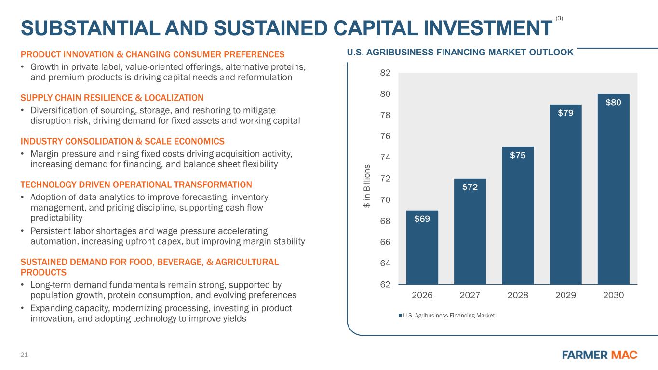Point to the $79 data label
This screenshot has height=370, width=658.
[x=565, y=113]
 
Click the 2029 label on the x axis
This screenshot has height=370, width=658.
[x=565, y=295]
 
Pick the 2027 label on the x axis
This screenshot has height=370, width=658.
[x=470, y=295]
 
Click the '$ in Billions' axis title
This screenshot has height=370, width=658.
[x=367, y=186]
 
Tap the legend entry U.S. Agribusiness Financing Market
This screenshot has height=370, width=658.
[x=446, y=315]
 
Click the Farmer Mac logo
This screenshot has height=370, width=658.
[x=600, y=355]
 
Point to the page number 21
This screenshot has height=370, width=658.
[x=24, y=355]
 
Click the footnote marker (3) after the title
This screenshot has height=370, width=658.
[x=559, y=18]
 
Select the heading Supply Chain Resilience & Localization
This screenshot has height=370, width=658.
[x=112, y=97]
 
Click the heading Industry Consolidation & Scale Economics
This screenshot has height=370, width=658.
[x=122, y=141]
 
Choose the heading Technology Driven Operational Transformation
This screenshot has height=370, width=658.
[x=136, y=185]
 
